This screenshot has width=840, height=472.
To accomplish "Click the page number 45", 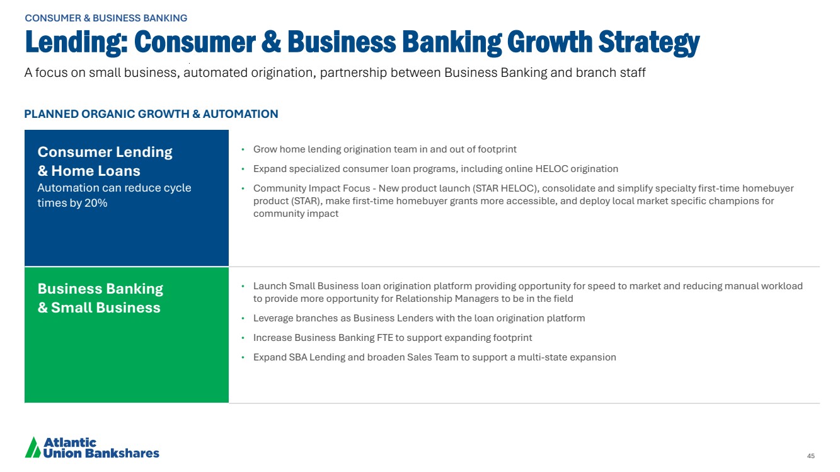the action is pos(810,456).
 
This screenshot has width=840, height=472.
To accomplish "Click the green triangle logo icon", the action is pos(33,447).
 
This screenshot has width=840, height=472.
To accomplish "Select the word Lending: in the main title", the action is pos(76,42).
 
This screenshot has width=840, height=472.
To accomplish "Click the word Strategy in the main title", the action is pos(649,42).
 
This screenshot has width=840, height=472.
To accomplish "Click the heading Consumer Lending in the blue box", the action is pos(105,152).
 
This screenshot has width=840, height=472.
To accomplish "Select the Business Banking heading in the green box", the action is pos(100,289).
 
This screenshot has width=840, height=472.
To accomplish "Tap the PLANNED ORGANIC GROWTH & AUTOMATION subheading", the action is pos(151,114).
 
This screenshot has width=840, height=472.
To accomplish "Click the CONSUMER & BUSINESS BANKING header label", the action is pos(106,18).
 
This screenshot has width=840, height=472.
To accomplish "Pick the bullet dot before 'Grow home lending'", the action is pos(243,149).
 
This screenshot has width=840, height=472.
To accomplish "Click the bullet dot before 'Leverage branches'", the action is pos(243,318).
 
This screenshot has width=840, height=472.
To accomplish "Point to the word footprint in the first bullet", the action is pos(497,149).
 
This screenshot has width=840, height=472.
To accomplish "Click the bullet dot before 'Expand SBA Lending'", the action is pos(243,357).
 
